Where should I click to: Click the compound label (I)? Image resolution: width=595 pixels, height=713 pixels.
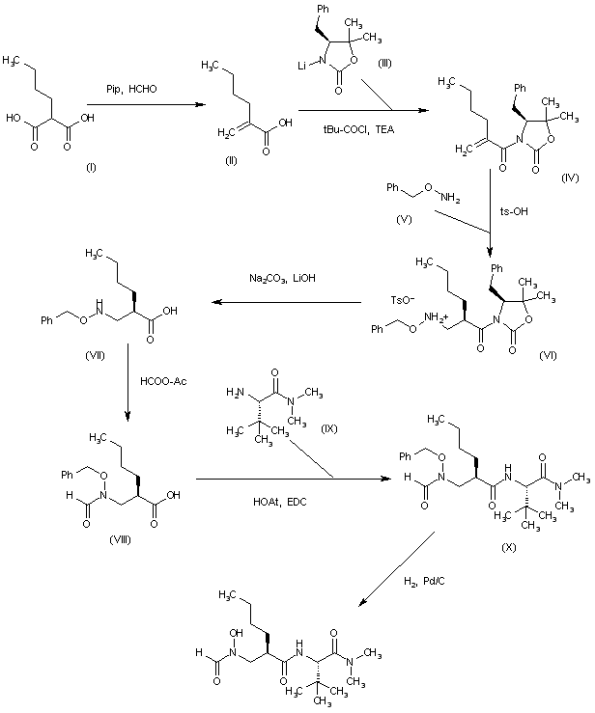point(92,168)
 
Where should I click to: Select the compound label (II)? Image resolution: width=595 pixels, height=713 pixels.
point(232,160)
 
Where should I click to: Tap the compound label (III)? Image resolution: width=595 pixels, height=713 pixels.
point(385,64)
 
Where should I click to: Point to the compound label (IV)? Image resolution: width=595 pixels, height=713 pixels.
point(570,178)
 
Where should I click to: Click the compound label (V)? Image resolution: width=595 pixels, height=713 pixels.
point(404,219)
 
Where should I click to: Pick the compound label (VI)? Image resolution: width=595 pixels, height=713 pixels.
point(548,356)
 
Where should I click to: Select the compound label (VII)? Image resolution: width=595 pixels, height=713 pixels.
point(96,355)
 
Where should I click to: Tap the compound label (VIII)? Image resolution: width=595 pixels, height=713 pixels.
point(120,539)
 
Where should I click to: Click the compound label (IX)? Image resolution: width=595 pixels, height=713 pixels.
point(329,428)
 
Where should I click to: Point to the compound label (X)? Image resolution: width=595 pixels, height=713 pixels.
point(508,547)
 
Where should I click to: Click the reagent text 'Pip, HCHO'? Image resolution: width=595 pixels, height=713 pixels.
point(131,89)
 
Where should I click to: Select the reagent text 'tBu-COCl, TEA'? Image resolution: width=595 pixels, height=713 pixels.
point(358,130)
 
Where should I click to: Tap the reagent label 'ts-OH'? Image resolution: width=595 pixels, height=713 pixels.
point(514,211)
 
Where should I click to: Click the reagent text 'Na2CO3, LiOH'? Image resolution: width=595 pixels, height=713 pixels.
point(282,278)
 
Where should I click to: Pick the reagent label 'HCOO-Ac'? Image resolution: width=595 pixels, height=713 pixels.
point(163,381)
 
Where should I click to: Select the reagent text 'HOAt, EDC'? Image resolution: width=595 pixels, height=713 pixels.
point(280,502)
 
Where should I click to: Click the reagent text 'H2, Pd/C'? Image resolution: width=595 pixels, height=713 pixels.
point(424,582)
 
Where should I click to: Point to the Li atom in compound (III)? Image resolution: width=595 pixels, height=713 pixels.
point(301,66)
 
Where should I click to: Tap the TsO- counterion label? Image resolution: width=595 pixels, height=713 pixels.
point(403,300)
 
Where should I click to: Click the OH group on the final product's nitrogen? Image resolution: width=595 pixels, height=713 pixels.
point(237,633)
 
